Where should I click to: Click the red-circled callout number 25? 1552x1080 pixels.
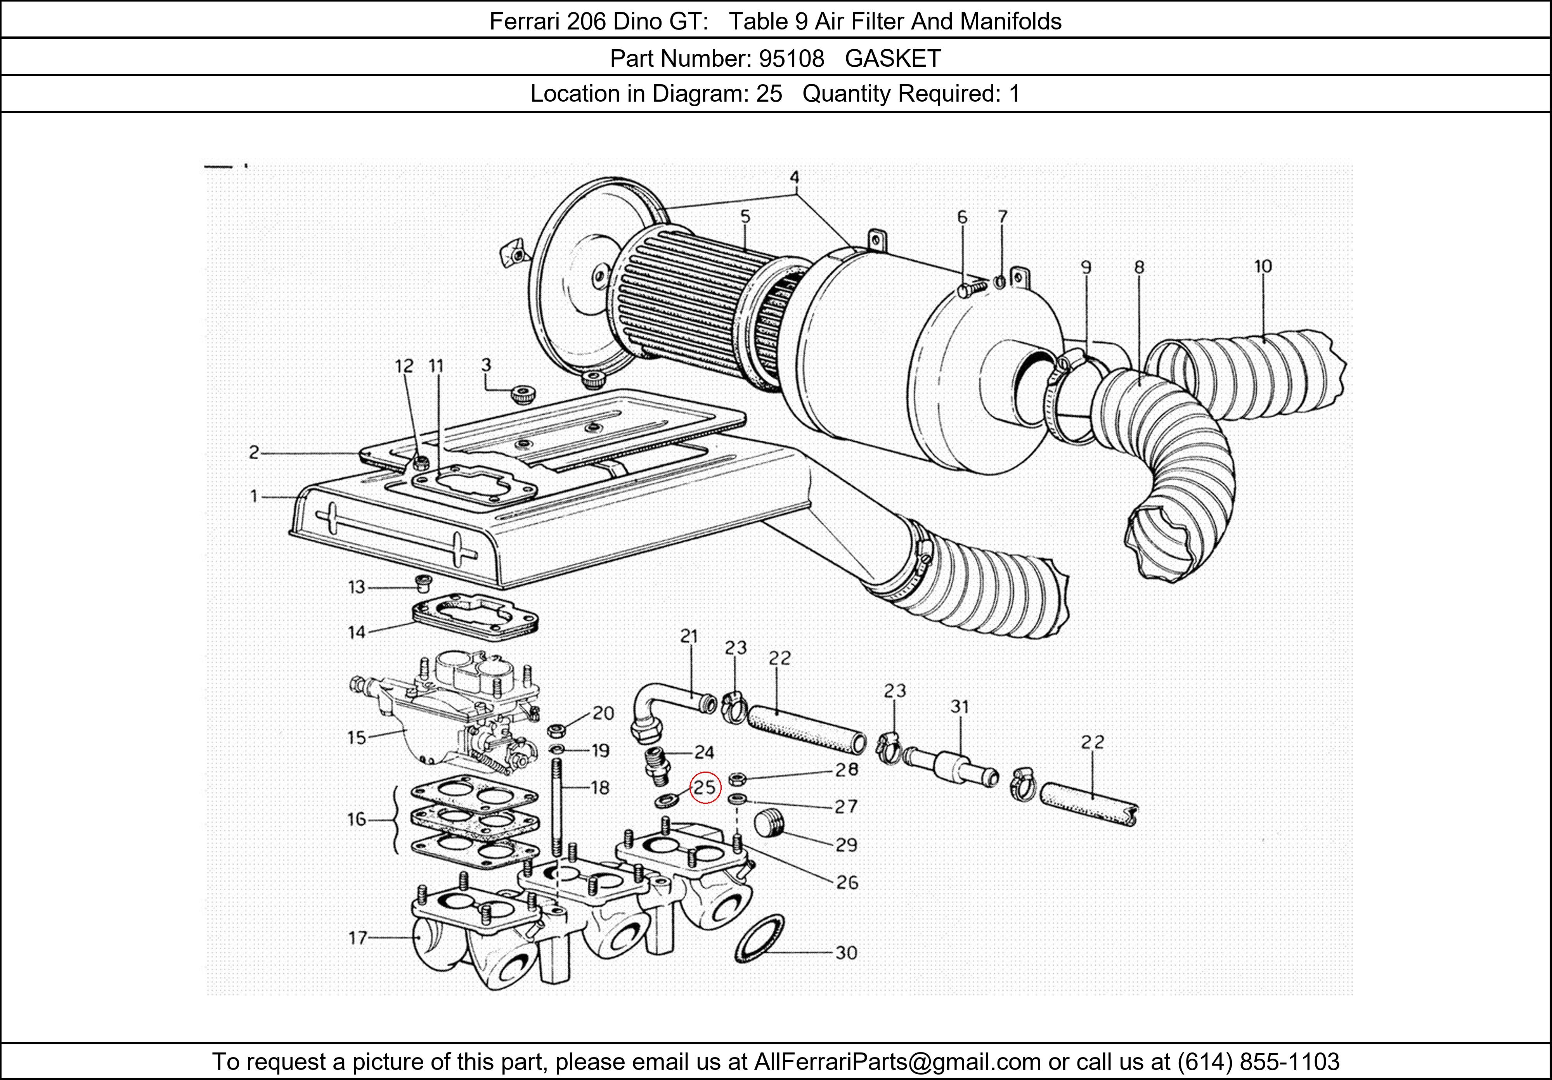(x=705, y=787)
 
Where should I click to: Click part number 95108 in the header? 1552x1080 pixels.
(x=791, y=59)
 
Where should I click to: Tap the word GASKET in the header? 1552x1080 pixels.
(x=892, y=59)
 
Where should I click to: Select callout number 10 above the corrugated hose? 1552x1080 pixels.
(x=1263, y=266)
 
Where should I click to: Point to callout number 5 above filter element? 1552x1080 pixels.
(x=745, y=217)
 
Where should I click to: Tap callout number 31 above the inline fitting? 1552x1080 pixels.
(x=959, y=707)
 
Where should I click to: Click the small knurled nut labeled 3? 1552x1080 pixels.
(x=523, y=393)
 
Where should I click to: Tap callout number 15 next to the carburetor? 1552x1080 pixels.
(x=357, y=737)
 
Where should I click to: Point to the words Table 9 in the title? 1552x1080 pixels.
(x=768, y=22)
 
